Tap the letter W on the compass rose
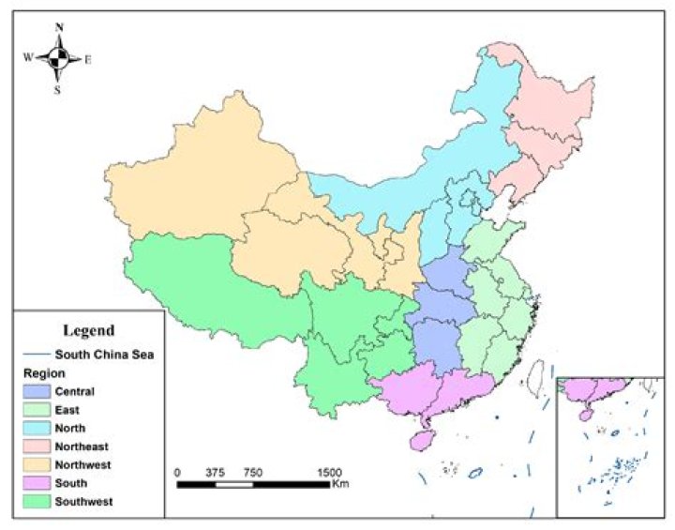click(28, 57)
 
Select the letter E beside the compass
click(88, 60)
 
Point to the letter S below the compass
click(57, 90)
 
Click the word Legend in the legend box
click(88, 330)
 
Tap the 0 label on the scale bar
click(178, 472)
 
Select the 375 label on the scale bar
click(216, 472)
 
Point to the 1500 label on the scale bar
click(329, 472)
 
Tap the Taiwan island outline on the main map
click(537, 377)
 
